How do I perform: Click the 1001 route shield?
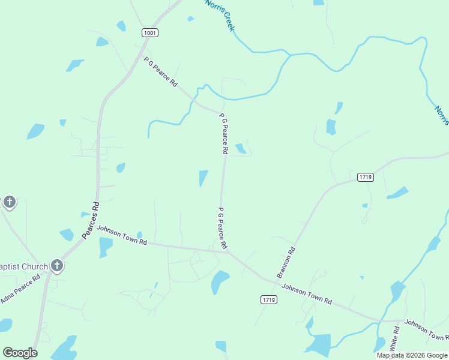tap(151, 32)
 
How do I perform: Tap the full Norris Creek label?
tap(220, 15)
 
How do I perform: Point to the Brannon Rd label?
tap(286, 263)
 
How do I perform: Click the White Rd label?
tap(394, 339)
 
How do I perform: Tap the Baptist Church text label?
tap(24, 266)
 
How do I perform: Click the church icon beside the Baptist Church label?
tap(57, 265)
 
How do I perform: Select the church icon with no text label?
tap(9, 202)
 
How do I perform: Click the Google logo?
tap(20, 353)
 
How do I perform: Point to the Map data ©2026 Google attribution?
tap(412, 355)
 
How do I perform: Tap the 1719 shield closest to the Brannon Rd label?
tap(269, 299)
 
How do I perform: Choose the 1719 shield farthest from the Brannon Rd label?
tap(365, 177)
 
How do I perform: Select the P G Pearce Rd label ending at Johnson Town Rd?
tap(222, 228)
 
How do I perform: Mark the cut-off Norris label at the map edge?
tap(442, 114)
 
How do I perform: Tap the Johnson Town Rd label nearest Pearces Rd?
tap(122, 235)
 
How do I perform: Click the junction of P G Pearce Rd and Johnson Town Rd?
tap(229, 252)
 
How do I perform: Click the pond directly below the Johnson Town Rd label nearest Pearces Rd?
tap(106, 246)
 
